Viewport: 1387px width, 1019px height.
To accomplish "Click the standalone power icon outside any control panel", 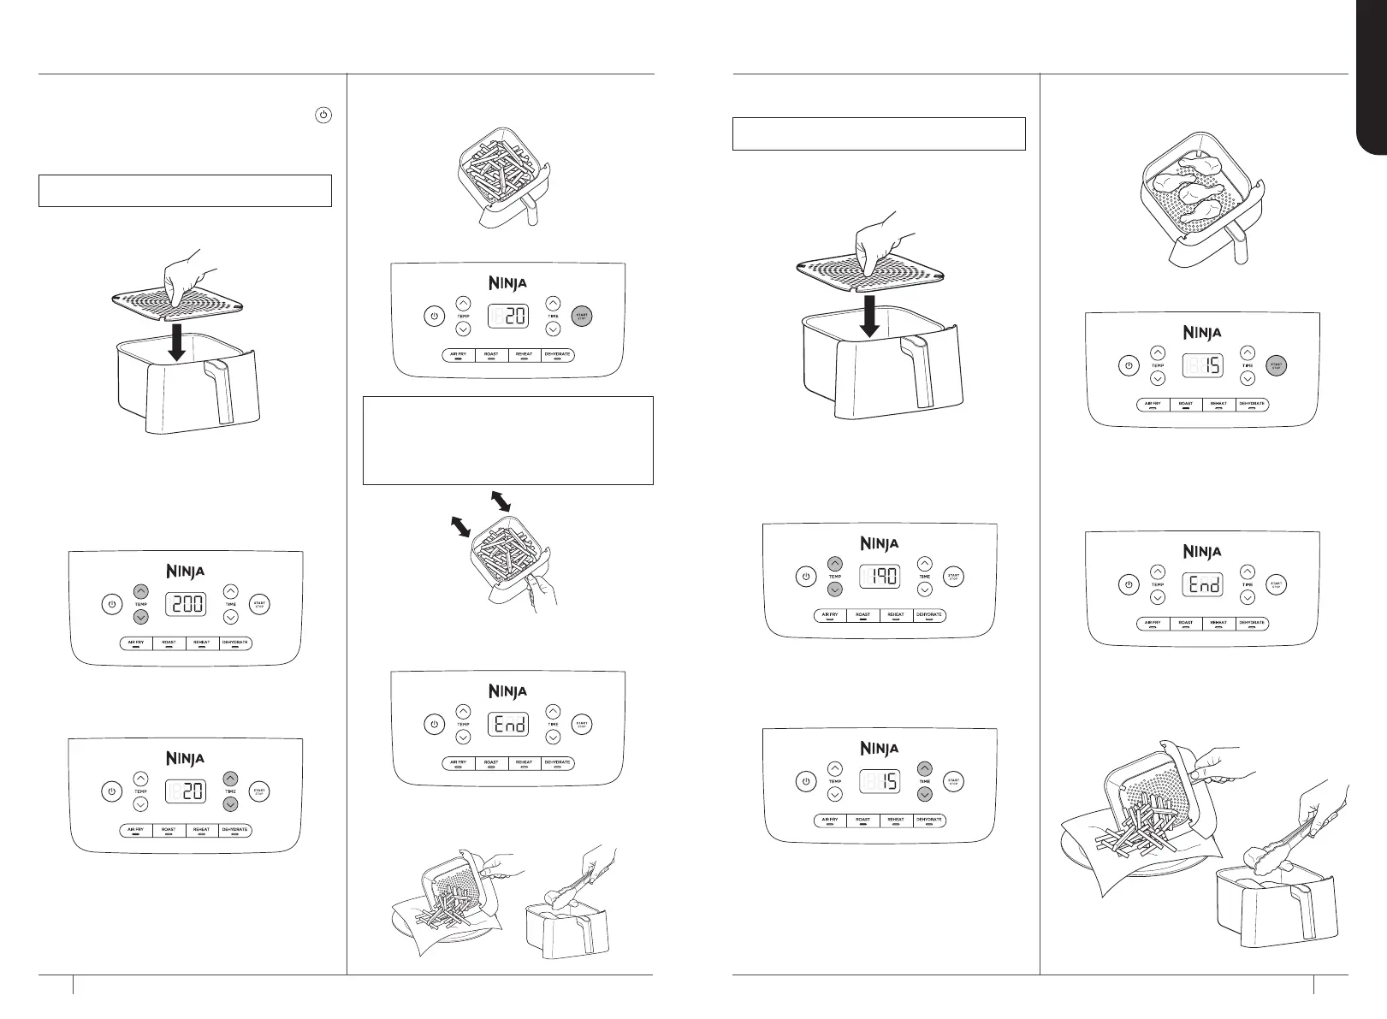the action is (323, 116).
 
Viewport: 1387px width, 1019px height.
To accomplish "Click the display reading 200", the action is (186, 605).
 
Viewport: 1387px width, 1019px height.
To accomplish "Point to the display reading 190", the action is (880, 576).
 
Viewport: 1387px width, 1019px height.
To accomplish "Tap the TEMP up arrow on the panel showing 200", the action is (141, 591).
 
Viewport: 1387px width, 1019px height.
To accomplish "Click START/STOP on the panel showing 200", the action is (259, 605).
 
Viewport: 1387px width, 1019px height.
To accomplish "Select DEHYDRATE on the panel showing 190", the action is (929, 615).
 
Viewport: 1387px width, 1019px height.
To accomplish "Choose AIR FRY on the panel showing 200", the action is (136, 642).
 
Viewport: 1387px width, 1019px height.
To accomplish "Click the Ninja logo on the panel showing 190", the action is (880, 542).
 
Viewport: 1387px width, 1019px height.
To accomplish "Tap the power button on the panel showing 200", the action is (111, 605).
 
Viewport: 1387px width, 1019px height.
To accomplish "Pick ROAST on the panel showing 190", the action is (862, 615).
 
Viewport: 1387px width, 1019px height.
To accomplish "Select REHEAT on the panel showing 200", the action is (202, 642).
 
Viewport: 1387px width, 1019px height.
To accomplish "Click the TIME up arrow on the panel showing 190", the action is (925, 564).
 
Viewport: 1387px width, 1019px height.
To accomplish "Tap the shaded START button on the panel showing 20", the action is (581, 316).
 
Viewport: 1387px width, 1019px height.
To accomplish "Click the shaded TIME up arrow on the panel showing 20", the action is (231, 779).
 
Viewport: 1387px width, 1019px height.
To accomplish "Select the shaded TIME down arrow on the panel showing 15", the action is (925, 794).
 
